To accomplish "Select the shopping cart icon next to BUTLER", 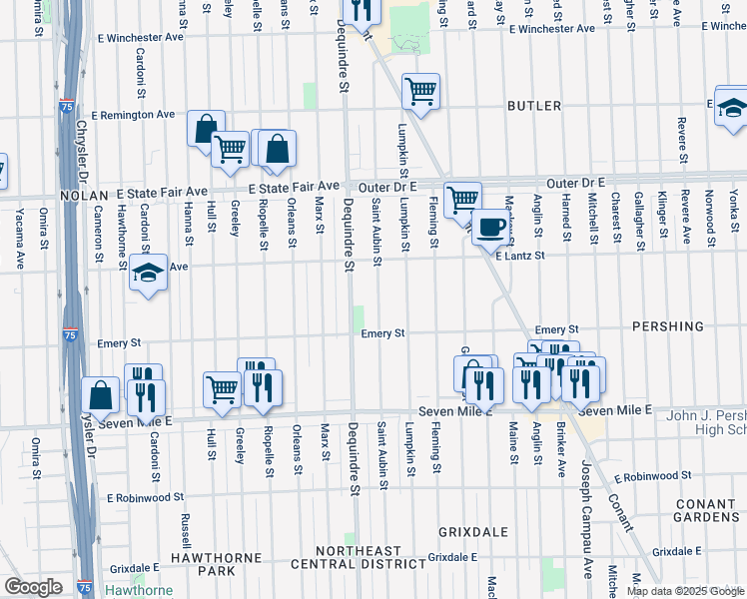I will [421, 92].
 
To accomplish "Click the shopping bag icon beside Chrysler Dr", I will [101, 395].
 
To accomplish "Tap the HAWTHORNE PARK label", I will [201, 564].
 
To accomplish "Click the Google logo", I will [33, 587].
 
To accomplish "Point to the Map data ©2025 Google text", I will [684, 591].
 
